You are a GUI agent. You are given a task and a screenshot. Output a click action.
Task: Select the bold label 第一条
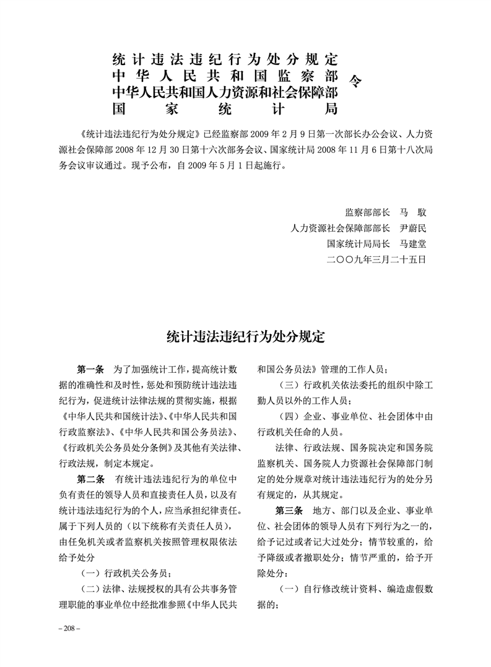point(90,369)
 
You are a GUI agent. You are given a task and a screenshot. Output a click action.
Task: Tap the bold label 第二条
point(90,480)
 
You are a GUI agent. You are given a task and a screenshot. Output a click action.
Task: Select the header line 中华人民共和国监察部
point(224,76)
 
